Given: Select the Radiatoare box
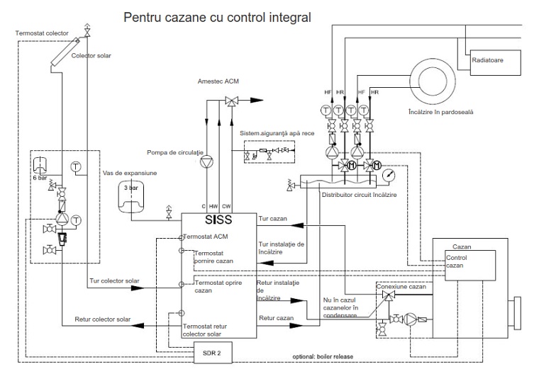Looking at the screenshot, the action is point(495,62).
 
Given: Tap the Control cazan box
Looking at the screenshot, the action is point(470,266).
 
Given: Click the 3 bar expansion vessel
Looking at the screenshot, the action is point(131,196).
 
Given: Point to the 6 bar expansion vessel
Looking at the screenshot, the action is point(40,164).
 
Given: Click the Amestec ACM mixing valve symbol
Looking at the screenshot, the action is point(232,101).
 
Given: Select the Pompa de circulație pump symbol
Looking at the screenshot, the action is point(206,161).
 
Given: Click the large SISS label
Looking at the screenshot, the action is point(218,220).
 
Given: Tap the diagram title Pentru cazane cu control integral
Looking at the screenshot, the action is point(217,17).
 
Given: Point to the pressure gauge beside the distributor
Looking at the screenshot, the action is point(389,175).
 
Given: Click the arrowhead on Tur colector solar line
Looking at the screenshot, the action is point(138,288).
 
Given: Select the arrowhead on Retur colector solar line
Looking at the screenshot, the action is point(138,325).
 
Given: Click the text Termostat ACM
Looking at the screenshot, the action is point(206,237).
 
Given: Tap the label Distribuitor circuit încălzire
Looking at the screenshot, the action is point(359,195).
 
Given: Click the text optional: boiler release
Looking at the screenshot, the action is point(323,356).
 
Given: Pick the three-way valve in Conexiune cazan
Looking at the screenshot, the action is point(389,295).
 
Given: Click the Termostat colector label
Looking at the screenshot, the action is point(42,33).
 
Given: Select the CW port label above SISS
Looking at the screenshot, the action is point(226,206).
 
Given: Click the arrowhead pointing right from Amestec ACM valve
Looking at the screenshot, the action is point(257,101).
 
